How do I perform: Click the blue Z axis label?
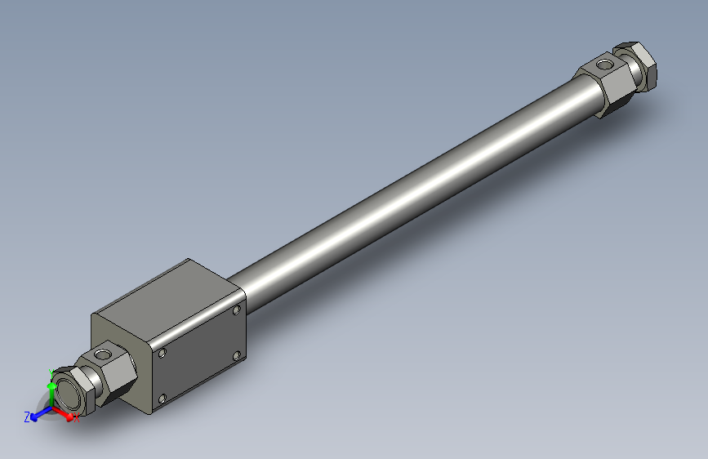[x=27, y=417]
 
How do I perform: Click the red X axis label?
[x=77, y=419]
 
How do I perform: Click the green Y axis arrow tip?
[x=51, y=385]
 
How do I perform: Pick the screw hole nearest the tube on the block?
[x=236, y=310]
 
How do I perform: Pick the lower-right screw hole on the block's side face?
[x=236, y=356]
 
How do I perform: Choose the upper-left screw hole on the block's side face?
[x=163, y=353]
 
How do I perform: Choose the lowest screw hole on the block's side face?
[x=163, y=399]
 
